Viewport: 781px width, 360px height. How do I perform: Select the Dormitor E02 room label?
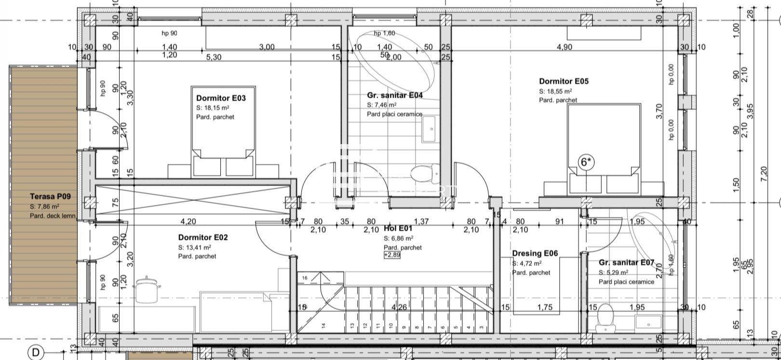point(202,237)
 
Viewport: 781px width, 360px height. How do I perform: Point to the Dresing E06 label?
point(535,253)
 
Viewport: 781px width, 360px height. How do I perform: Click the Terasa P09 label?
point(50,197)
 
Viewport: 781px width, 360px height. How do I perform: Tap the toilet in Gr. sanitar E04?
point(426,173)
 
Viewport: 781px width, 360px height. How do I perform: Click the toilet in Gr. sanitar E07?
point(604,319)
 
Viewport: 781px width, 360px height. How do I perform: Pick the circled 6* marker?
point(586,162)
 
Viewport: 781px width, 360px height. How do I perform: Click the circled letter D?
point(36,353)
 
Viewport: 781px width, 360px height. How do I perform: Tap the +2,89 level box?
point(392,255)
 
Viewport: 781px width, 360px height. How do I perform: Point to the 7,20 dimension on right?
point(763,173)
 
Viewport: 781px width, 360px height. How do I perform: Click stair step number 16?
point(304,278)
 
